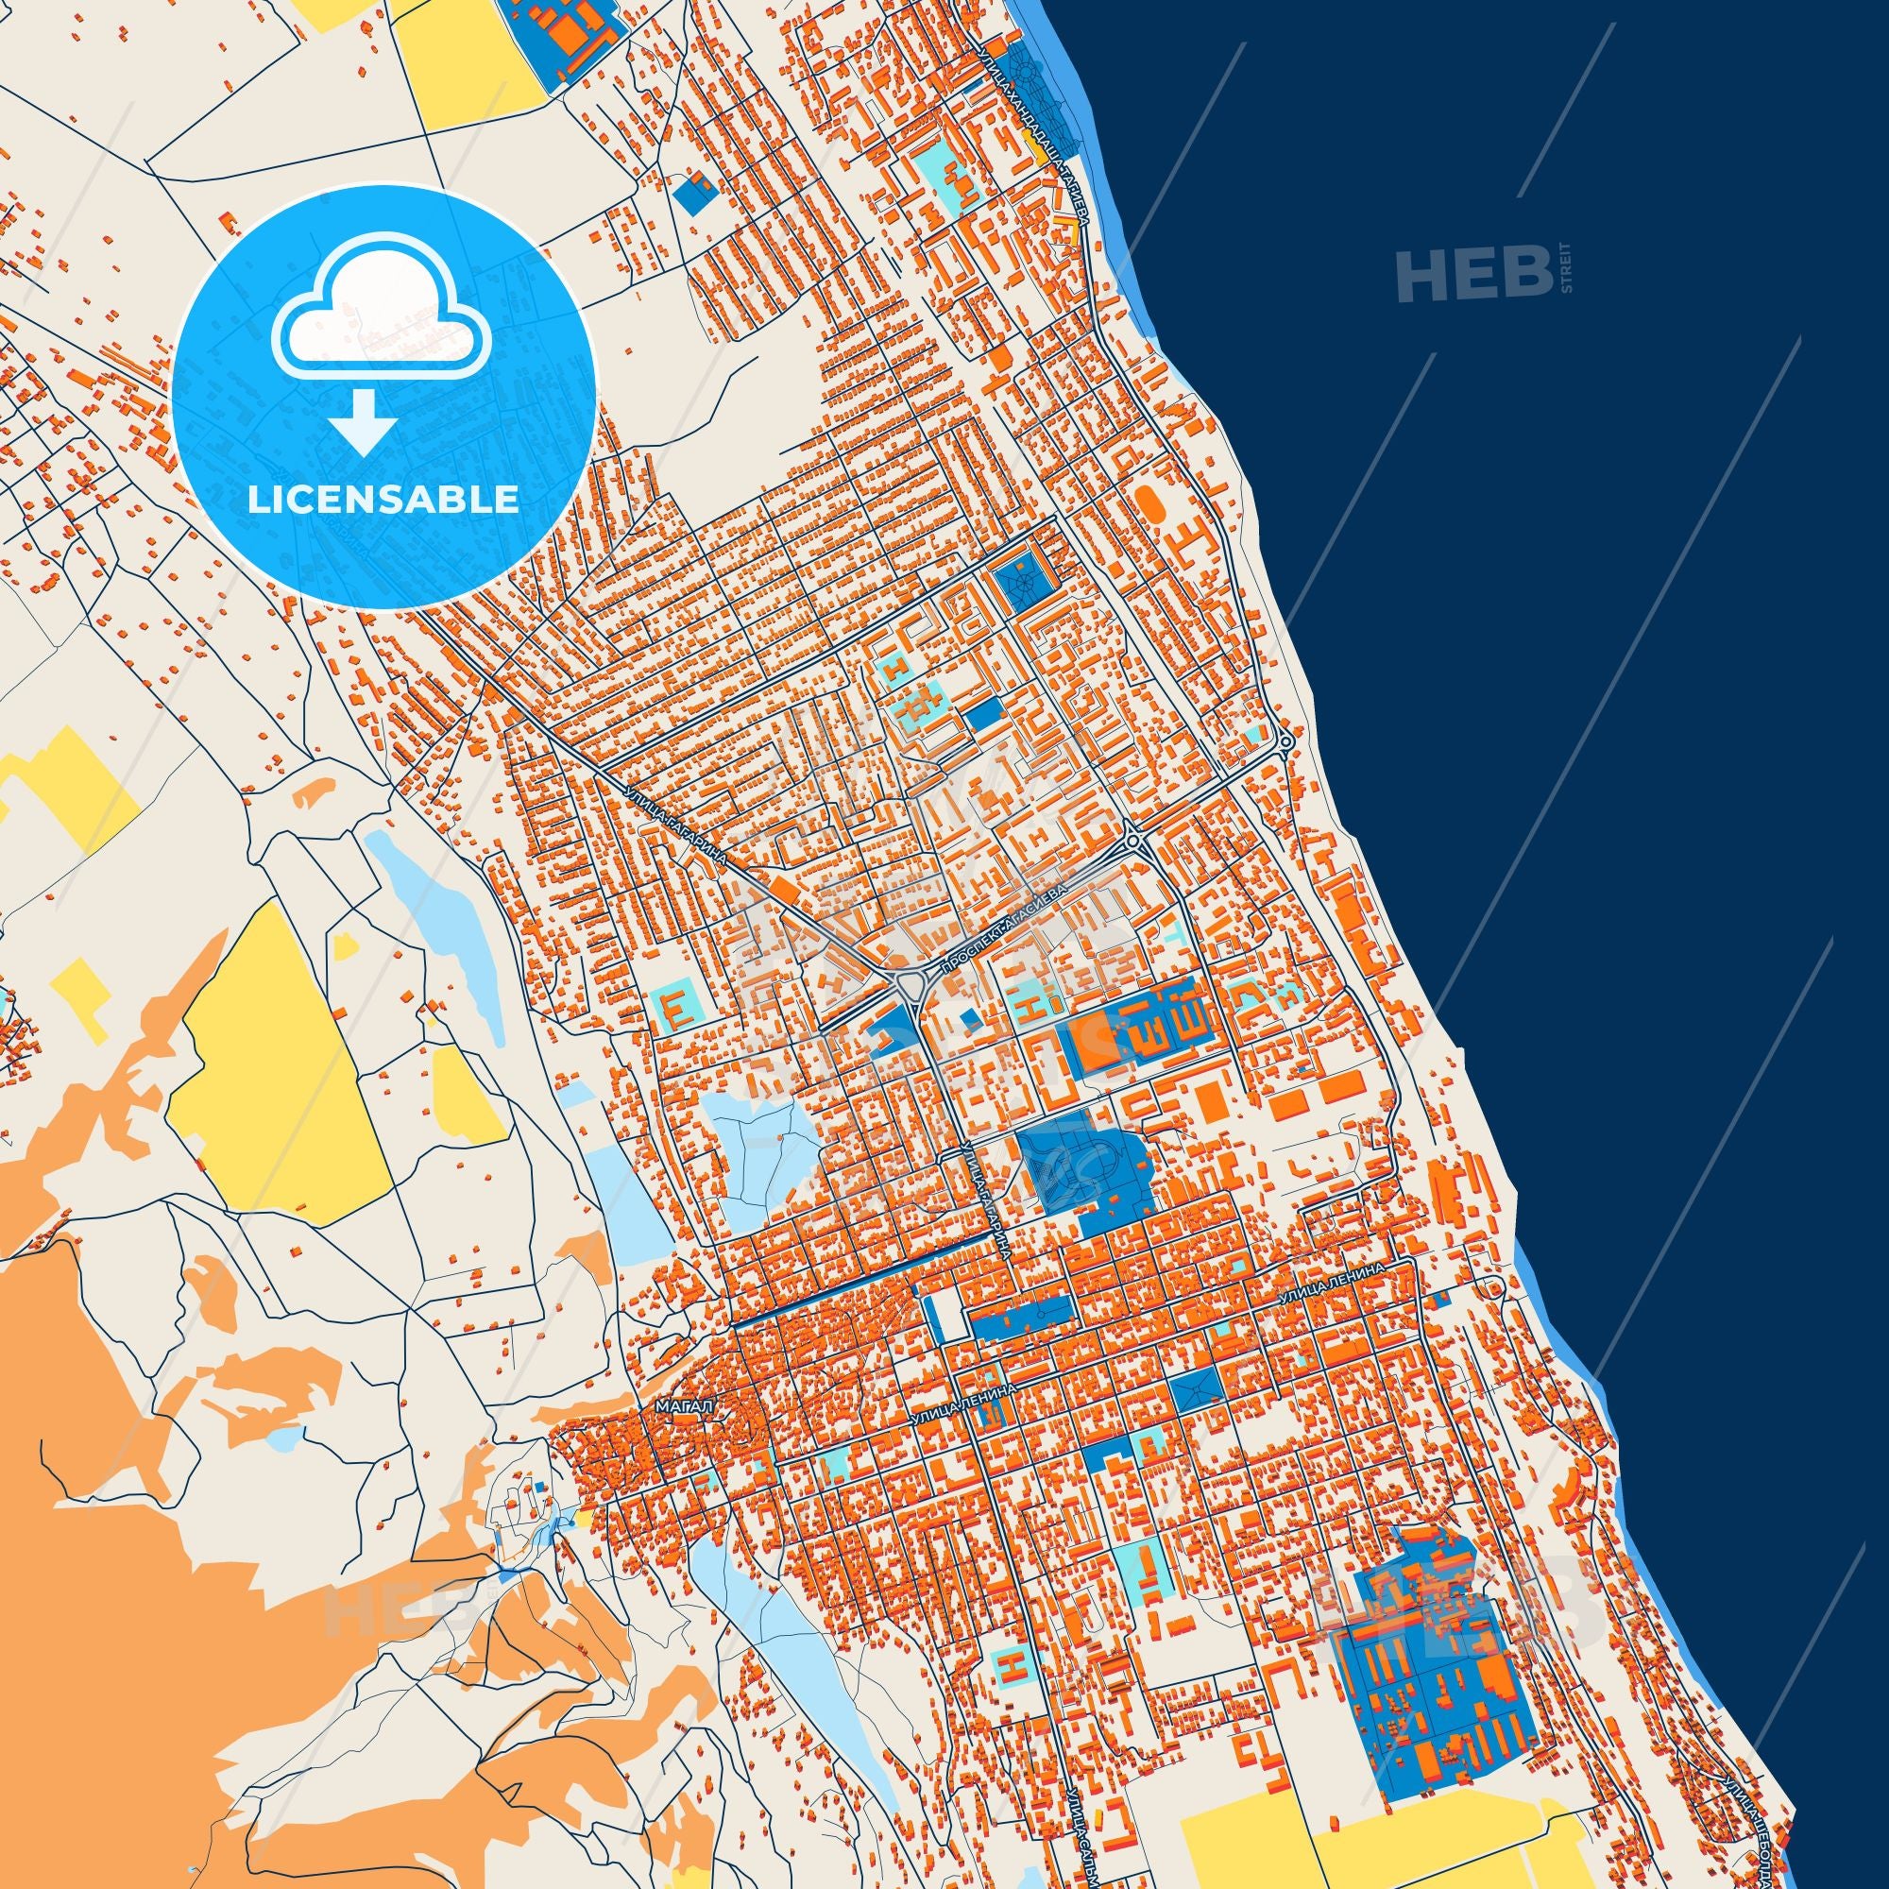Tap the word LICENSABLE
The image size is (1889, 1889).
pyautogui.click(x=383, y=499)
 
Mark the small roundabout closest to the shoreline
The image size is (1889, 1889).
pyautogui.click(x=1285, y=742)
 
